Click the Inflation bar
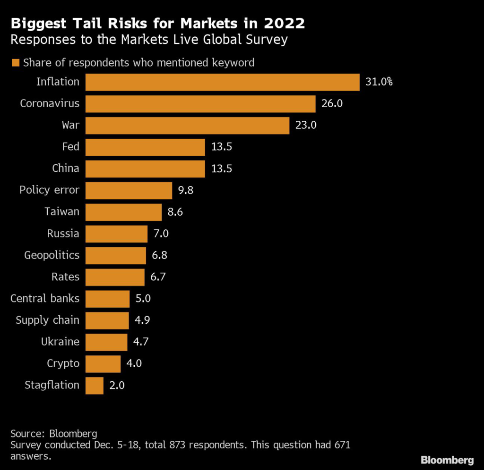(223, 82)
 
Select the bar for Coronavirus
(200, 104)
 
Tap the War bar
(187, 126)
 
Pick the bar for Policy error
(129, 191)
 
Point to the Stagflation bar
(95, 386)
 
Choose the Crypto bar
(103, 364)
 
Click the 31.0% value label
(379, 82)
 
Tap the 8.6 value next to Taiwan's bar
(175, 212)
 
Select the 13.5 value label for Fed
(222, 147)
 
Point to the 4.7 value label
(141, 342)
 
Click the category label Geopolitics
(52, 255)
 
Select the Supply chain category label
(48, 320)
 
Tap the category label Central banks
(45, 298)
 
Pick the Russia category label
(63, 234)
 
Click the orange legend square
(16, 63)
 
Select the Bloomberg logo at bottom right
(447, 460)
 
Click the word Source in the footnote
(28, 434)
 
